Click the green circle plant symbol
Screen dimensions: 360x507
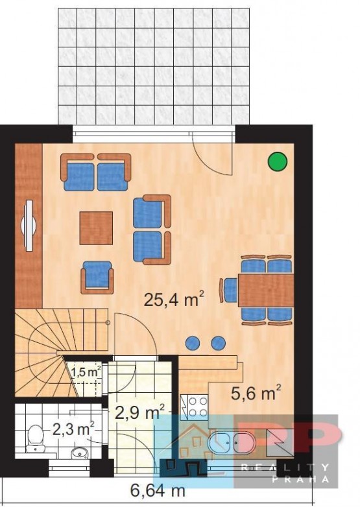[x=278, y=161]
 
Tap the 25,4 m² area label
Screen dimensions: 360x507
[x=174, y=299]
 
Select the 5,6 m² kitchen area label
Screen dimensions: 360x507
[x=256, y=392]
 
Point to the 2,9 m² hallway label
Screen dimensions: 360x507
[x=140, y=412]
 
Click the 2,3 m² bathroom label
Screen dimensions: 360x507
[x=74, y=429]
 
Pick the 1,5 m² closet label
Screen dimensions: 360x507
[x=86, y=372]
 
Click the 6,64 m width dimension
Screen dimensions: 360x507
[x=158, y=491]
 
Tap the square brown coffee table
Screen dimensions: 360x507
[x=97, y=228]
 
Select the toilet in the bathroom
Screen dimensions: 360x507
[x=34, y=438]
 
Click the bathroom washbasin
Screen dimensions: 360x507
[x=79, y=453]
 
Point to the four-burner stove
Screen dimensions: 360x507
[x=194, y=407]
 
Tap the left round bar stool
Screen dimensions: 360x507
[x=193, y=343]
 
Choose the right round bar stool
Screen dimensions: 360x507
[x=219, y=343]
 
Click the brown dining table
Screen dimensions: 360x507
[x=266, y=290]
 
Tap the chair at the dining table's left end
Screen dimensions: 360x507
[x=229, y=290]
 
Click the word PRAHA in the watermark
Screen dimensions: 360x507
[x=300, y=479]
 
